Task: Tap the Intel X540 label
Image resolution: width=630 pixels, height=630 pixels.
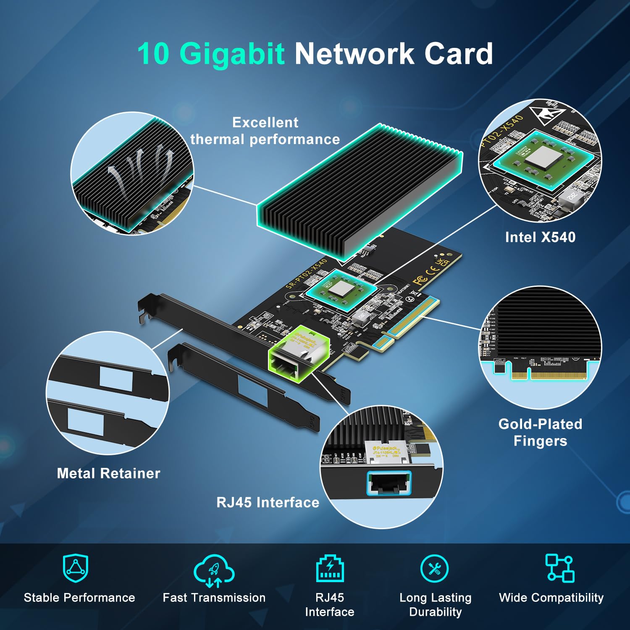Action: [540, 237]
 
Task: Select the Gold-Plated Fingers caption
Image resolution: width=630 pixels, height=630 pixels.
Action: [540, 432]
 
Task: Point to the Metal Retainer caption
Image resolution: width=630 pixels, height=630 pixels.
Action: [108, 473]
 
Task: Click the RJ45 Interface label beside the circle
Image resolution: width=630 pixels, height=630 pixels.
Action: [268, 502]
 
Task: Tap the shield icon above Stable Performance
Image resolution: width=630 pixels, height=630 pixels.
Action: [76, 568]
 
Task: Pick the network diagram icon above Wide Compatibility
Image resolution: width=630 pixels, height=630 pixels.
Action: [559, 568]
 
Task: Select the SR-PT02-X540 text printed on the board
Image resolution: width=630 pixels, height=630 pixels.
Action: [307, 274]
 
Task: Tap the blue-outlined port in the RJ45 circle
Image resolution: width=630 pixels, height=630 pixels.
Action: [389, 483]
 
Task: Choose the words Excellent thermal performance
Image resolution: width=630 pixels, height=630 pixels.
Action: [265, 131]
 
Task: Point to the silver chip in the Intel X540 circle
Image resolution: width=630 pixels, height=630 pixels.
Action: [540, 159]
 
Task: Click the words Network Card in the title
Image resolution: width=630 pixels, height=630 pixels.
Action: [394, 54]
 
